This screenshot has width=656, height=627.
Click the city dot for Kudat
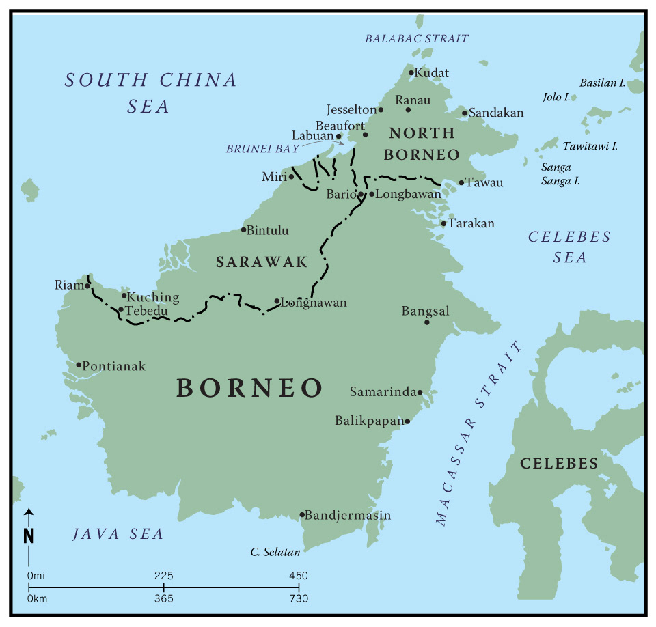point(411,72)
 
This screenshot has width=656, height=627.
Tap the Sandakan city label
point(495,113)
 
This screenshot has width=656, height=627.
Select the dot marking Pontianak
point(79,365)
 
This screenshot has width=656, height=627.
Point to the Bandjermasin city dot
point(302,515)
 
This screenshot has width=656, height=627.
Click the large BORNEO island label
point(249,388)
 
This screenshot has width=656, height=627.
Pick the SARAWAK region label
point(262,262)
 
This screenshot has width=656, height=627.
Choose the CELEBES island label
point(559,464)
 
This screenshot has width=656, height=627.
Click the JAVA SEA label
point(118,534)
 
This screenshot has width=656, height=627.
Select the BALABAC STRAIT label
point(416,39)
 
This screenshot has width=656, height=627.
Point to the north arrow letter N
point(29,536)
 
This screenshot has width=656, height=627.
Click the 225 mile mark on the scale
point(163,576)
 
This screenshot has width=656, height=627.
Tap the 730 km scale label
point(299,599)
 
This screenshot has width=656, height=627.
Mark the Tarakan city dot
point(443,223)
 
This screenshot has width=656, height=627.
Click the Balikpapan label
point(370,421)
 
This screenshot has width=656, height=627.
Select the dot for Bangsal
point(426,322)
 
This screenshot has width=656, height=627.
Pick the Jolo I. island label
point(556,97)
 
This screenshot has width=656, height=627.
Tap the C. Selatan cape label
point(275,551)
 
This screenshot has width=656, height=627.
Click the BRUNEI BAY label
point(263,148)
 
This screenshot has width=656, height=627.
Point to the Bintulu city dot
point(243,229)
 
